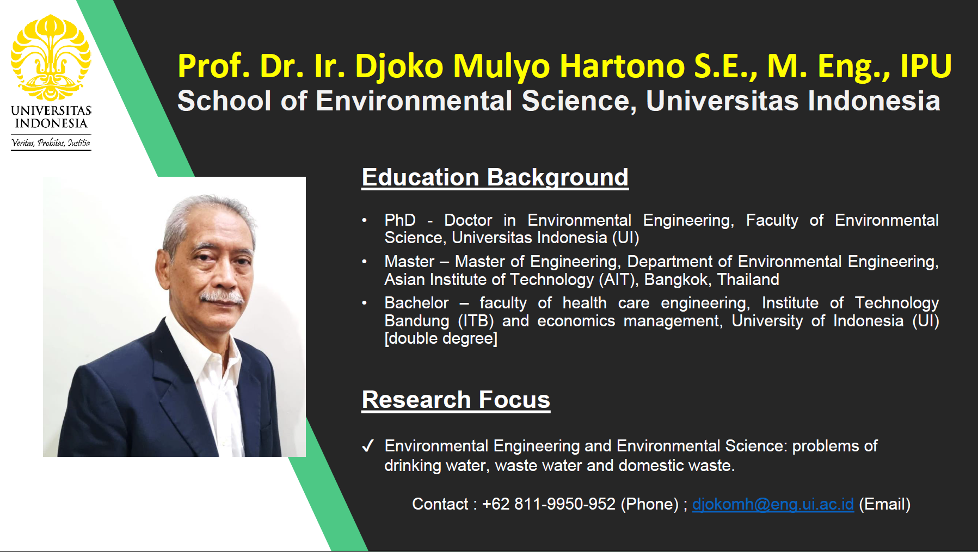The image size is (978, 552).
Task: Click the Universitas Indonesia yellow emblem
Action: coord(51,57)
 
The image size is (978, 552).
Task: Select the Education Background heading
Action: coord(495,177)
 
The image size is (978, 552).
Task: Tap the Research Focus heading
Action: coord(456,400)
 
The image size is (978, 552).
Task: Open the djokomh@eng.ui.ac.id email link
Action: coord(772,504)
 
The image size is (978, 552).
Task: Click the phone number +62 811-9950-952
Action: coord(549,504)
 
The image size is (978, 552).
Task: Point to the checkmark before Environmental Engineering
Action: coord(368,446)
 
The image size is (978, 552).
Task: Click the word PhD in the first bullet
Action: coord(399,220)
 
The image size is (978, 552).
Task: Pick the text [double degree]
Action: coord(440,338)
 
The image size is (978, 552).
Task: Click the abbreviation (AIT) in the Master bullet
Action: coord(617,280)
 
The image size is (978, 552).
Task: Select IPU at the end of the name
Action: coord(925,66)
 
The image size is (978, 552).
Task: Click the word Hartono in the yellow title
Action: coord(622,66)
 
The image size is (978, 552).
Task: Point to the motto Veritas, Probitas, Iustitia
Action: coord(51,143)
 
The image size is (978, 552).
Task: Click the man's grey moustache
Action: coord(222,297)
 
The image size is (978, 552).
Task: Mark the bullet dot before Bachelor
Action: coord(365,303)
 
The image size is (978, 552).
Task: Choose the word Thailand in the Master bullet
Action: coord(748,280)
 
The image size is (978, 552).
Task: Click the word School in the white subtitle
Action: coord(224,101)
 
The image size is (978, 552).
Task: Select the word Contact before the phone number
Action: coord(440,504)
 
